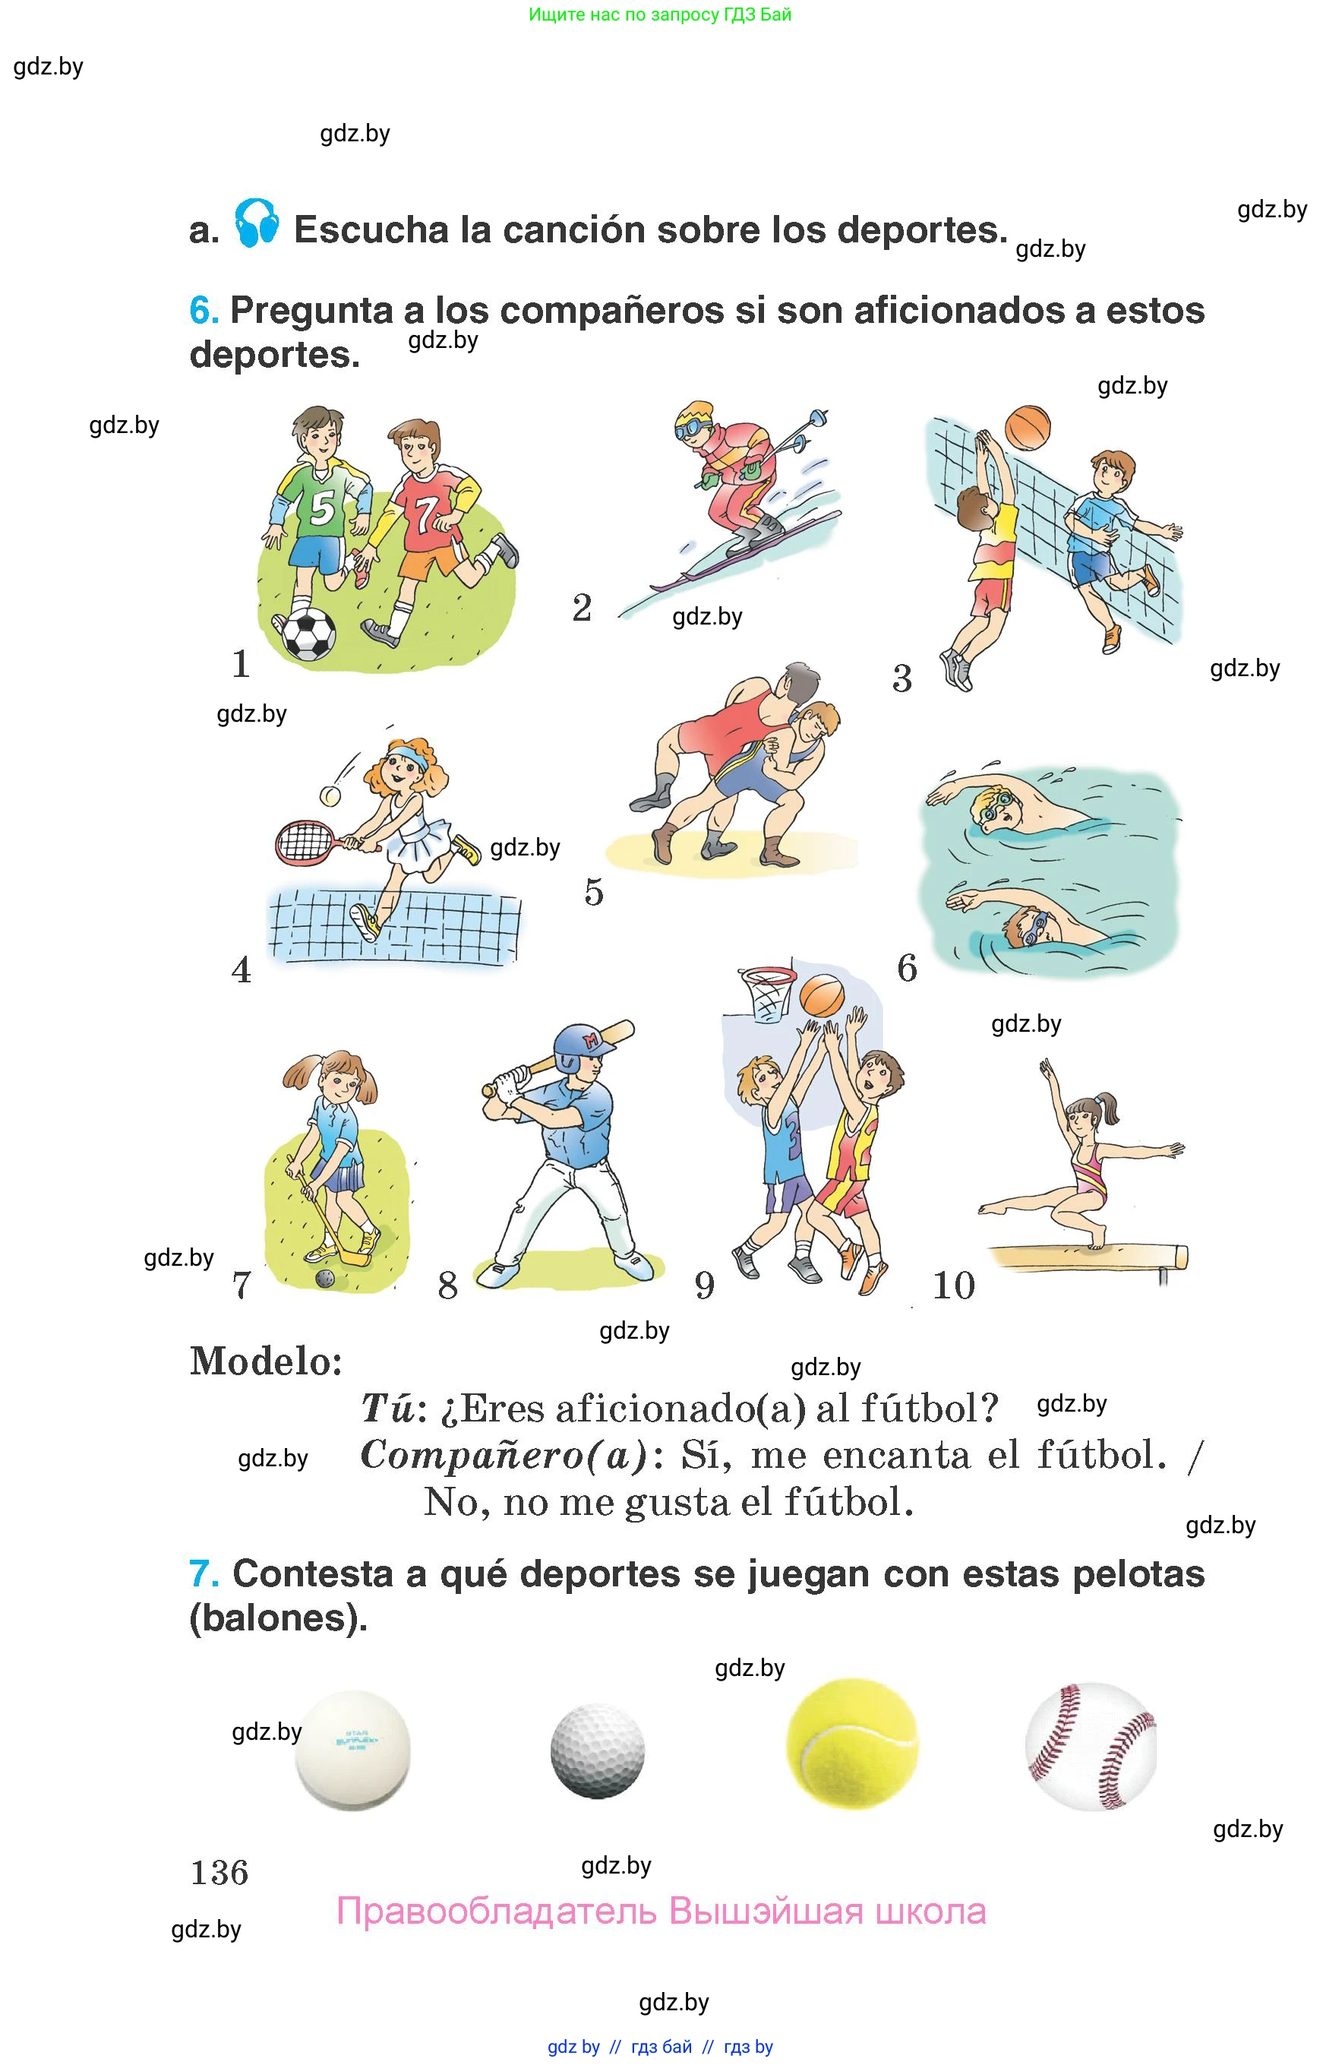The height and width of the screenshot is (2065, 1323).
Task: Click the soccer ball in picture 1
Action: click(x=309, y=635)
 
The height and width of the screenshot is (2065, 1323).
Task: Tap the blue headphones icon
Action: click(x=257, y=223)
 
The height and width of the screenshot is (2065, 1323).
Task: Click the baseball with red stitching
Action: click(x=1091, y=1747)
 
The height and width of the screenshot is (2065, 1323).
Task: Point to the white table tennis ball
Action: click(x=352, y=1750)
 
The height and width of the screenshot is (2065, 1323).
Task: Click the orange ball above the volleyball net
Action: click(x=1028, y=428)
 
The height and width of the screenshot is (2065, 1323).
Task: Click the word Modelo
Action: click(x=267, y=1361)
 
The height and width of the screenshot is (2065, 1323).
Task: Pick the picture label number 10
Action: click(x=954, y=1285)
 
